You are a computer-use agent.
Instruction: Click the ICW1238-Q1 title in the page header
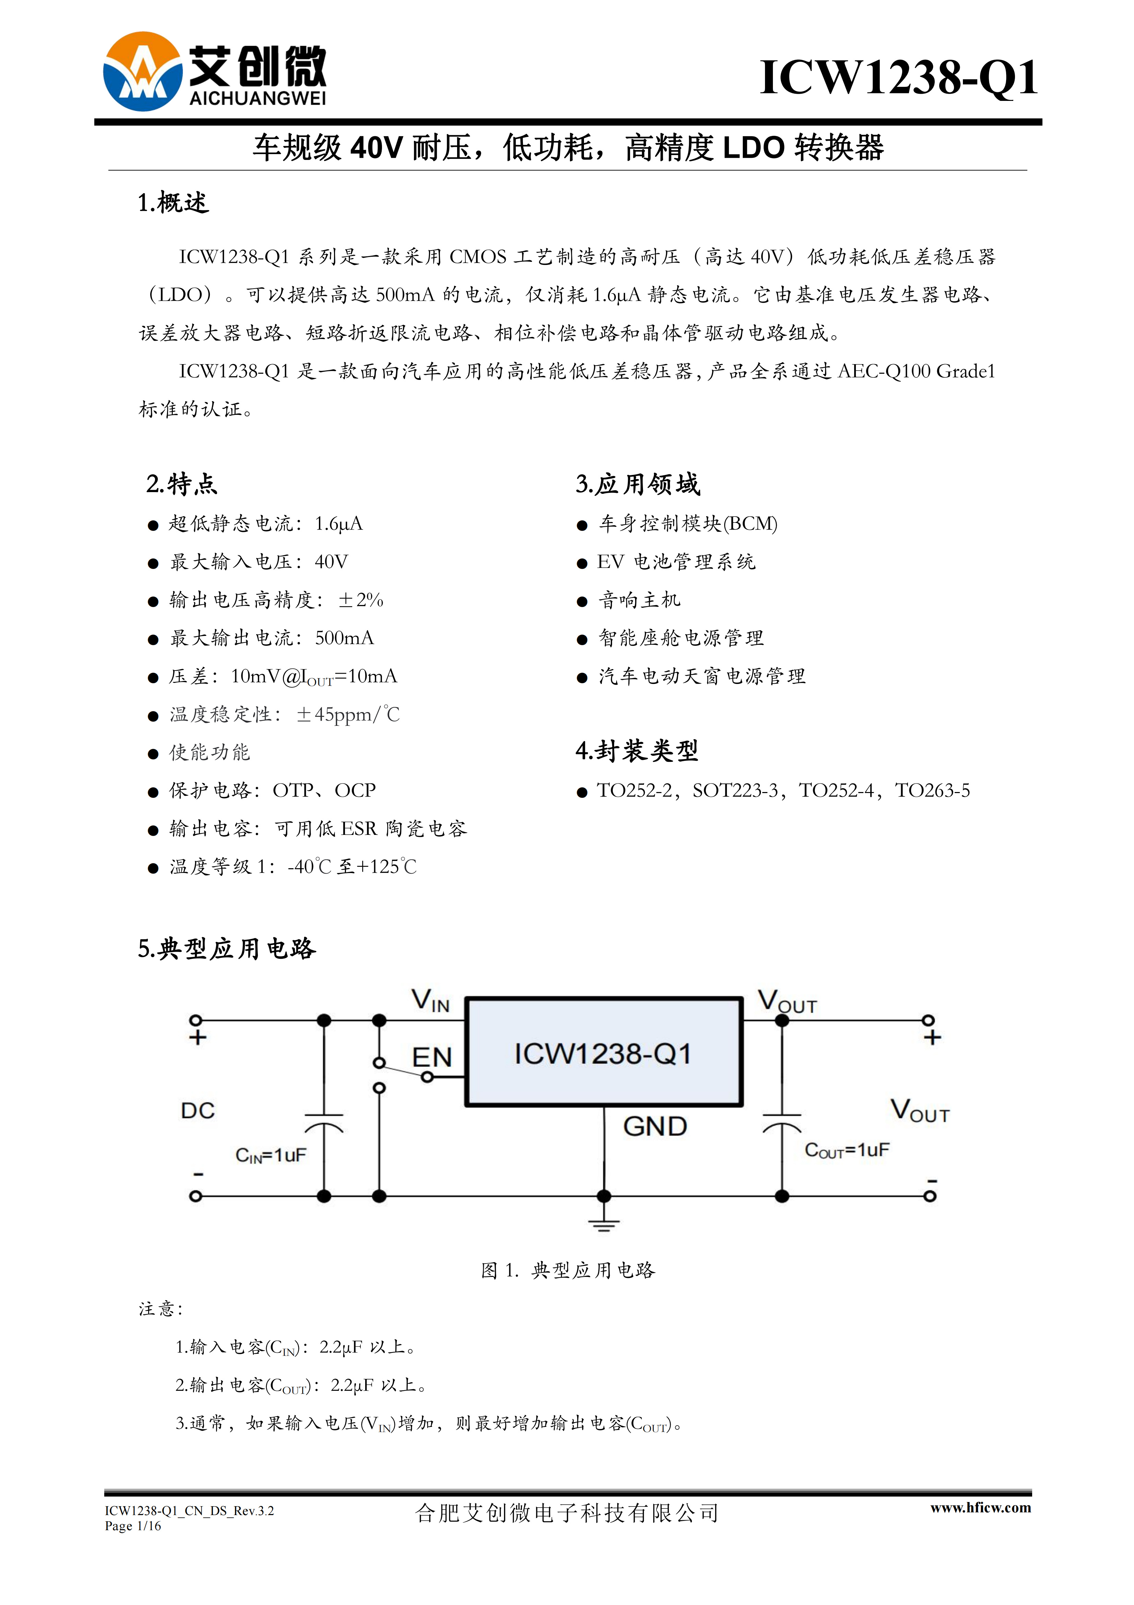click(898, 78)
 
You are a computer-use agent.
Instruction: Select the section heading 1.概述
click(173, 203)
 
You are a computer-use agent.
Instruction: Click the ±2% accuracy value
click(360, 600)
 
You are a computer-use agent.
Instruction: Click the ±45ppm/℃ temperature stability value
click(348, 714)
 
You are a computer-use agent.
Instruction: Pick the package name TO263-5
click(933, 791)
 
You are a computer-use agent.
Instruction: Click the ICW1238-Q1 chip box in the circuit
click(604, 1052)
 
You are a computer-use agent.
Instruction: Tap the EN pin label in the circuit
click(432, 1058)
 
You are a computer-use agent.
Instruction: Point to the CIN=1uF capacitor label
click(271, 1155)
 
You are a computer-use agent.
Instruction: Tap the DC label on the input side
click(198, 1111)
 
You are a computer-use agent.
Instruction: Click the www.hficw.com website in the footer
click(980, 1508)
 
